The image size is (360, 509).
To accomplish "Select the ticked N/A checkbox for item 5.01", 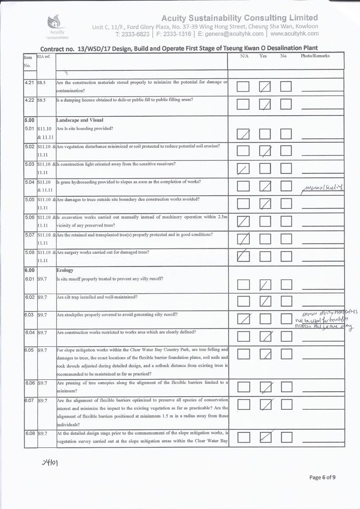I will click(243, 134).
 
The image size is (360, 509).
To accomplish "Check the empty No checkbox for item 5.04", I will click(286, 186).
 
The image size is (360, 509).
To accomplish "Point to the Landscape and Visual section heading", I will click(79, 120).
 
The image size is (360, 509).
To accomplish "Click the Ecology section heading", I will click(65, 271).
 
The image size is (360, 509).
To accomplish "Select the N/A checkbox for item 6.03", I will click(243, 319).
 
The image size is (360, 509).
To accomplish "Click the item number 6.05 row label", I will click(30, 350).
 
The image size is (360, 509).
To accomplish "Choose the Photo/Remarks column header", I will click(315, 56).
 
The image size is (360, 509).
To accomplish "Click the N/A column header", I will click(244, 56).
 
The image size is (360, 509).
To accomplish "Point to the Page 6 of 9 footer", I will click(322, 477).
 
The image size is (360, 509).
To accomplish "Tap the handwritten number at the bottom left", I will click(49, 463).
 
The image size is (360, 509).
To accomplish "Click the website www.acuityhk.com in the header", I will click(294, 34).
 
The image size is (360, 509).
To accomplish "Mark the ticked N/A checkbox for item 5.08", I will click(243, 256).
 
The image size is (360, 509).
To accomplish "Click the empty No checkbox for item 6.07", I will click(286, 404).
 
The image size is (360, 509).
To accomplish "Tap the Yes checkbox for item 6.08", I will click(265, 437).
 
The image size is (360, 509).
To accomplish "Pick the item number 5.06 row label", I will click(30, 218).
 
